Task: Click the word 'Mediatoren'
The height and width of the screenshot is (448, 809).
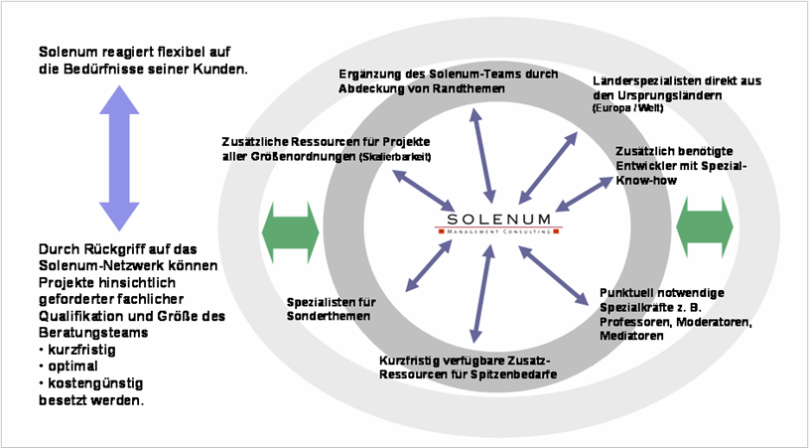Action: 631,337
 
